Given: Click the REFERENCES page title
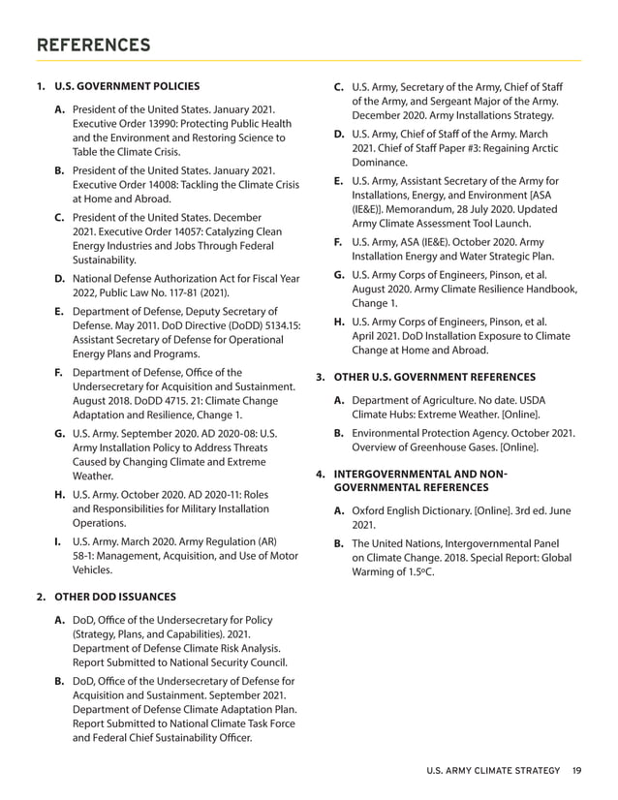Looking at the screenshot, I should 93,45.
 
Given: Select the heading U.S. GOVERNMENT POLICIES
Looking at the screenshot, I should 127,87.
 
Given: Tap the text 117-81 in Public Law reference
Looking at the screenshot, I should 190,292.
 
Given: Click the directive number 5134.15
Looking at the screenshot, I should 279,325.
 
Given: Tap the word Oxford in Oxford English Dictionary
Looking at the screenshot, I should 369,509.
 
